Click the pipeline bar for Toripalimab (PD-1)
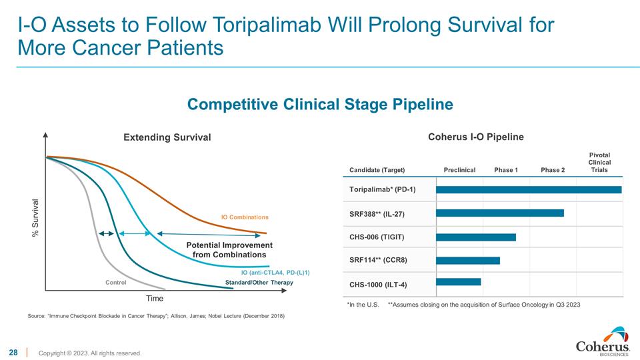528,189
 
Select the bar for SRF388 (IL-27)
499,213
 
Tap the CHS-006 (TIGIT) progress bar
475,237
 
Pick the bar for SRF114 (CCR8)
467,260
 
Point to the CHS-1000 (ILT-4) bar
458,282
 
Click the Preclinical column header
459,170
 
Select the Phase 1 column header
506,170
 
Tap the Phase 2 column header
553,170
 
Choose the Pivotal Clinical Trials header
599,162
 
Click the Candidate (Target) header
377,170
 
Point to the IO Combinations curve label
245,217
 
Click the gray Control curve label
115,283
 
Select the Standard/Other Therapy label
259,283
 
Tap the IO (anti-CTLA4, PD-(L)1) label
275,272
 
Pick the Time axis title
155,298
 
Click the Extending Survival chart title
167,137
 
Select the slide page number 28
13,351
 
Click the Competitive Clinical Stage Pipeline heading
320,105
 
